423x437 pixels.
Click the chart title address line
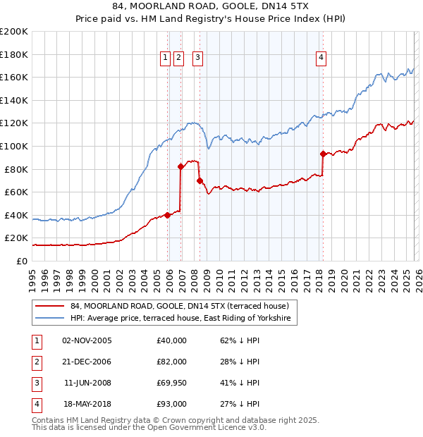pyautogui.click(x=211, y=6)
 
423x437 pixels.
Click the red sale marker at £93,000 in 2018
pyautogui.click(x=323, y=154)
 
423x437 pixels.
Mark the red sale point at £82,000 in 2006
pyautogui.click(x=181, y=166)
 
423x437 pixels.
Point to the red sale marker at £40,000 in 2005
pyautogui.click(x=168, y=215)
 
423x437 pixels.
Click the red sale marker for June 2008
pyautogui.click(x=200, y=180)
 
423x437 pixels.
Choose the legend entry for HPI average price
pyautogui.click(x=183, y=319)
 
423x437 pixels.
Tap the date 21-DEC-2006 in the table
pyautogui.click(x=87, y=362)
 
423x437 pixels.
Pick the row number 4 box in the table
pyautogui.click(x=36, y=404)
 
